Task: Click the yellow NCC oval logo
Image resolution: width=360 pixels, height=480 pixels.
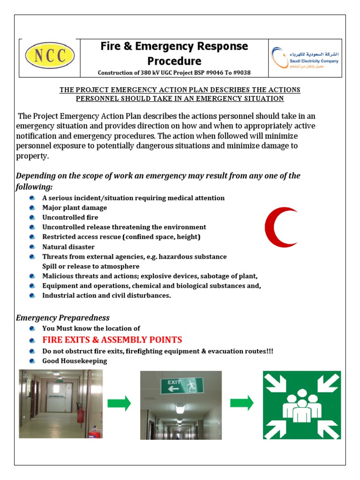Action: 49,55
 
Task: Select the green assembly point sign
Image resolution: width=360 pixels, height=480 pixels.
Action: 302,405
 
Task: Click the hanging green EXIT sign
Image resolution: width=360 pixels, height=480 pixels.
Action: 182,386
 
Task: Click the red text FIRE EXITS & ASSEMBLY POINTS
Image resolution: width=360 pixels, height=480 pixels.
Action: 112,340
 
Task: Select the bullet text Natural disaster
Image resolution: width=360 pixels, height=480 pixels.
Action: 68,247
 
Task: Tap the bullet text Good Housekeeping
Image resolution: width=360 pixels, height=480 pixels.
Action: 75,361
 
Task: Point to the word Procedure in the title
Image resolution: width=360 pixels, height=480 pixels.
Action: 174,61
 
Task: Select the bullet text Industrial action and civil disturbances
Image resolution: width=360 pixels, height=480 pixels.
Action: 107,296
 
